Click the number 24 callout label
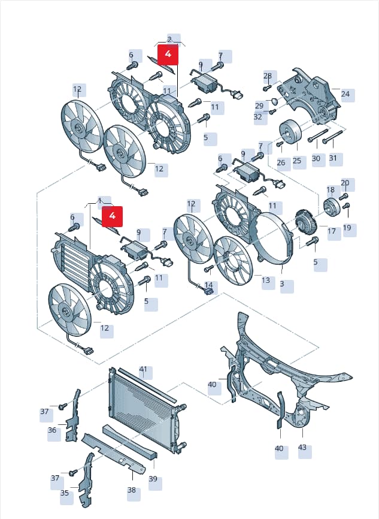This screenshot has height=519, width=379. pyautogui.click(x=345, y=94)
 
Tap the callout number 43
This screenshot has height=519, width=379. pyautogui.click(x=302, y=447)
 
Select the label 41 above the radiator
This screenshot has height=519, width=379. pyautogui.click(x=143, y=369)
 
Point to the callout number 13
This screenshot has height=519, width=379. pyautogui.click(x=266, y=280)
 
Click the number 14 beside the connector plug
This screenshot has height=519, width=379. pyautogui.click(x=209, y=285)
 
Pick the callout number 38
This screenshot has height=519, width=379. pyautogui.click(x=132, y=490)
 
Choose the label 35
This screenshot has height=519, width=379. pyautogui.click(x=65, y=493)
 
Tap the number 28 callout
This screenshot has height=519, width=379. pyautogui.click(x=268, y=76)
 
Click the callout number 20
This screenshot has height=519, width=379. pyautogui.click(x=345, y=183)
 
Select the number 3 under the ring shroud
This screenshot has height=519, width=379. pyautogui.click(x=282, y=283)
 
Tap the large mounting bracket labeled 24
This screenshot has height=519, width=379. pyautogui.click(x=308, y=96)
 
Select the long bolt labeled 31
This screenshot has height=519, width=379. pyautogui.click(x=332, y=137)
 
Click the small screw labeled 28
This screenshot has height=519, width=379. pyautogui.click(x=267, y=88)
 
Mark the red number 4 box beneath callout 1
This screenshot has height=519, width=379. pyautogui.click(x=112, y=216)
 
